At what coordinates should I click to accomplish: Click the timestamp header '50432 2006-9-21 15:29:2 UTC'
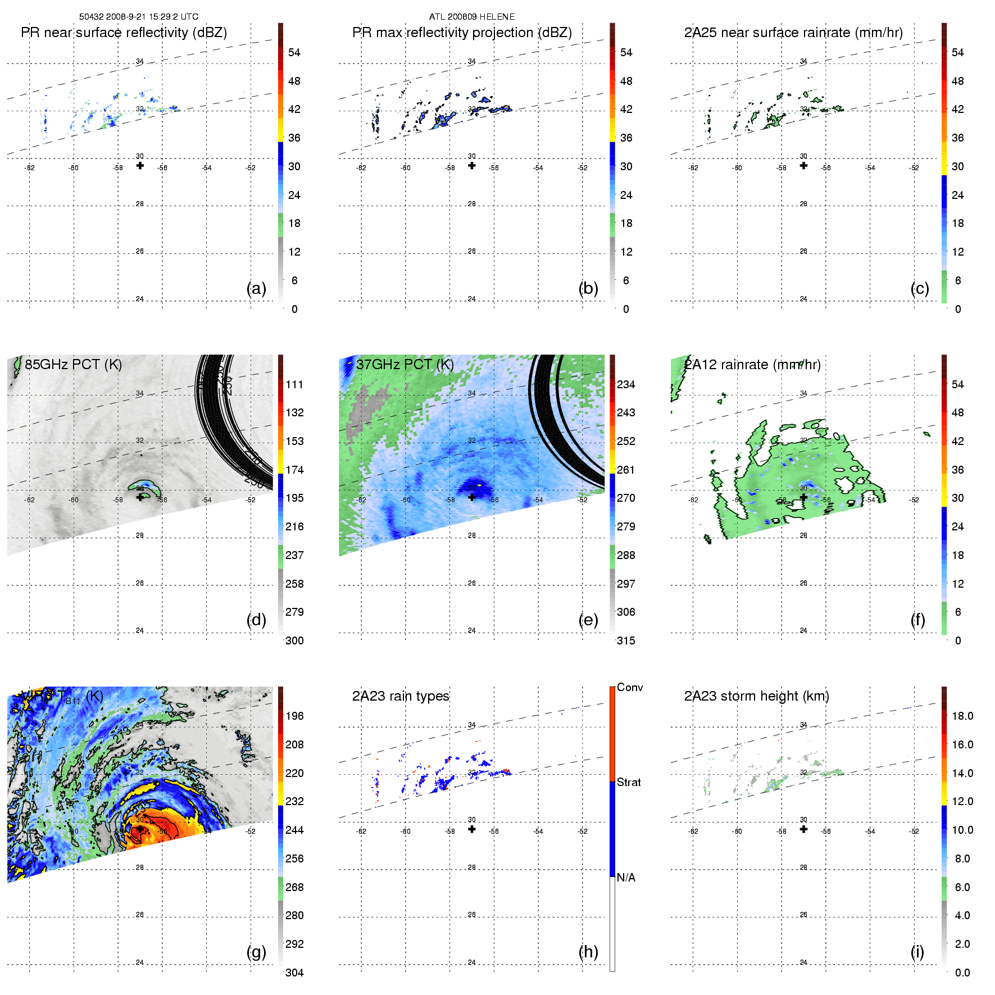click(138, 17)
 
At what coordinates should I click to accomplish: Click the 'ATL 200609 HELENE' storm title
click(472, 17)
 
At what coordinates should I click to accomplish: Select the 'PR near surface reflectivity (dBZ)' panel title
click(124, 33)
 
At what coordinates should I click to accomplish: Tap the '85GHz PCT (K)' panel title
click(73, 365)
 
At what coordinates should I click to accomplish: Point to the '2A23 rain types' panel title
click(401, 696)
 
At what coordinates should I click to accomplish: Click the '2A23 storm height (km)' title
click(756, 696)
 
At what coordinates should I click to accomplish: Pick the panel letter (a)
click(256, 289)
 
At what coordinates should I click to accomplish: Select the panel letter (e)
click(588, 620)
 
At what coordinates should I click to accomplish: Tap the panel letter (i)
click(917, 952)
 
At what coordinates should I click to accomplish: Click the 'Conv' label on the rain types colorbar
click(630, 687)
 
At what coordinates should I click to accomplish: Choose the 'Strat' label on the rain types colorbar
click(629, 782)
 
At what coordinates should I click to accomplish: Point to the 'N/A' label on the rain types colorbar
click(626, 878)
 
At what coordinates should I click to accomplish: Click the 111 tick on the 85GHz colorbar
click(294, 384)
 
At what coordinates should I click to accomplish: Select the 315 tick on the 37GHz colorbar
click(626, 640)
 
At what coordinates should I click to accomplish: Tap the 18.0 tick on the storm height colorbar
click(962, 716)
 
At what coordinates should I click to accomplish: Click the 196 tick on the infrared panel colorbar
click(294, 716)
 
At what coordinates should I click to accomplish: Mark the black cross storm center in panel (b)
click(472, 166)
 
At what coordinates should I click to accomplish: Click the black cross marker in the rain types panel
click(472, 829)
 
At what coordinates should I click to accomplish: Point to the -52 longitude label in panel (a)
click(251, 168)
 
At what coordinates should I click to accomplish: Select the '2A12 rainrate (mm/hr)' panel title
click(752, 365)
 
